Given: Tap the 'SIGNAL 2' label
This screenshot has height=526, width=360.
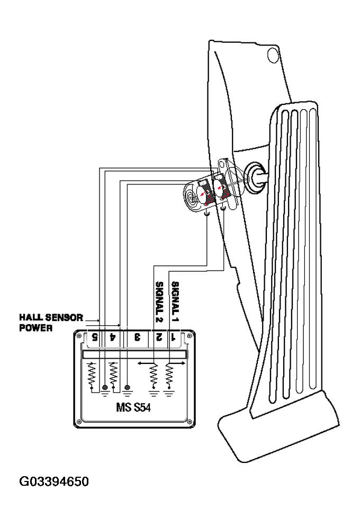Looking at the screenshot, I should coord(158,300).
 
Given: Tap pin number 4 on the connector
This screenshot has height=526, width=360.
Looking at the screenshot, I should coord(113,336).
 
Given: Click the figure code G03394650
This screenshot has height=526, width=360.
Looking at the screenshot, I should coord(53,482).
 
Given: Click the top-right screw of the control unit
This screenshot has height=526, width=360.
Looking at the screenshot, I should coord(189,335).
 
